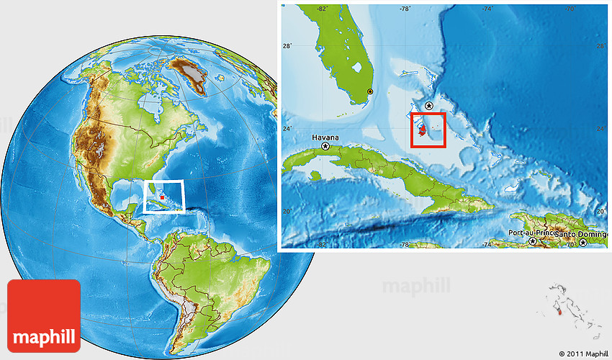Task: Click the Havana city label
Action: [x=325, y=136]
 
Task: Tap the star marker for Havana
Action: [x=325, y=146]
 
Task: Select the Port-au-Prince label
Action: [x=531, y=233]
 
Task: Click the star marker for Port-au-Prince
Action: [x=533, y=242]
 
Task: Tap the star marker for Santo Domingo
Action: [x=582, y=242]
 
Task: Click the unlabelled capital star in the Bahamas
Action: [x=430, y=106]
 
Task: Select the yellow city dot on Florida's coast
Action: [x=370, y=91]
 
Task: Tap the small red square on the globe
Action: [x=163, y=197]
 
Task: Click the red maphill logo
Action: [x=43, y=315]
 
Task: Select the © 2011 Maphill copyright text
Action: [x=582, y=354]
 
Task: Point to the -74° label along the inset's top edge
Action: [x=487, y=9]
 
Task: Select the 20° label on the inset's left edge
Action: [x=286, y=211]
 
